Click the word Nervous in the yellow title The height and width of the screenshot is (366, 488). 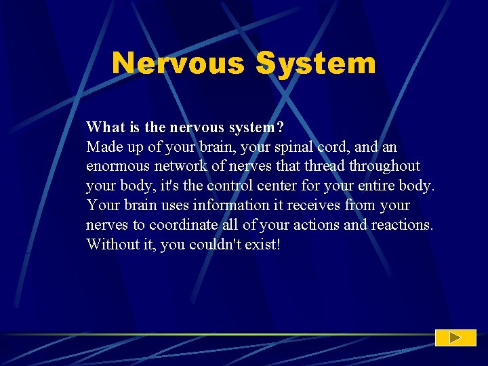coord(178,63)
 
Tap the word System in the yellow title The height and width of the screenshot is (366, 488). coord(315,63)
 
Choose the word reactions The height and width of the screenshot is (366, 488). coord(401,225)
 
